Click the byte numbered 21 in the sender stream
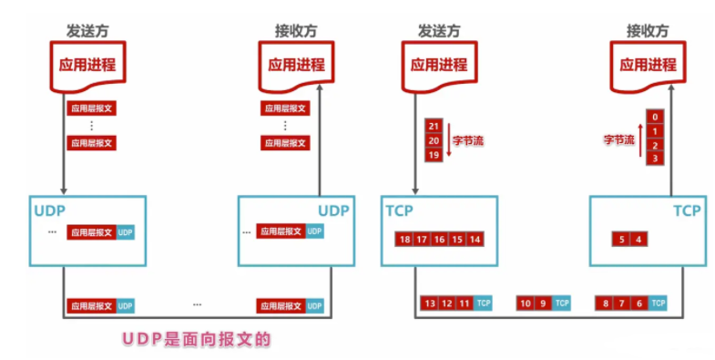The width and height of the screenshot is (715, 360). pos(434,126)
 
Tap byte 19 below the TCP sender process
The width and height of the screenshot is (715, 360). pos(434,155)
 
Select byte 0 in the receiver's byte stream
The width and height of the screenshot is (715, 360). pos(654,117)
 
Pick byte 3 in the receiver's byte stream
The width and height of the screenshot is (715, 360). pos(654,159)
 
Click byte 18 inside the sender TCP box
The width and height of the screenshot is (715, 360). pos(404,239)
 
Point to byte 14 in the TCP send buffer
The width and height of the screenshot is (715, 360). pos(475,239)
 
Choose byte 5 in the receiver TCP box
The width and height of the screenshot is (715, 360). pos(621,239)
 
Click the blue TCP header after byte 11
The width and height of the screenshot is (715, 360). pos(484,303)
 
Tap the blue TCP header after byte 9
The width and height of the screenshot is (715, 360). pos(562,303)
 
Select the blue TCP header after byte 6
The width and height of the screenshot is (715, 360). pos(657,303)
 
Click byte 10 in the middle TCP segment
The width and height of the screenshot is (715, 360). pos(526,303)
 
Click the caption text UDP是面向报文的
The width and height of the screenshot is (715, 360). pos(197,338)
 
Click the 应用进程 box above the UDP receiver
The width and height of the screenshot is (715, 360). pos(291,66)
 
